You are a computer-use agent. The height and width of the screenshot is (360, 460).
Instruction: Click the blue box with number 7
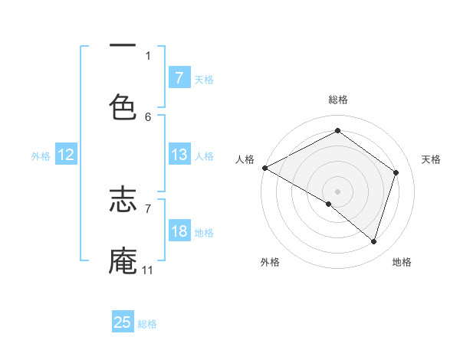[179, 77]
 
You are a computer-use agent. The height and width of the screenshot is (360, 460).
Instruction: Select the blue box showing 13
[179, 155]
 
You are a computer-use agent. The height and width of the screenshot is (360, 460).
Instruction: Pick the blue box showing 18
[179, 231]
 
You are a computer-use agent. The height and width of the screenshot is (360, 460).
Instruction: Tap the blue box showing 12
[66, 155]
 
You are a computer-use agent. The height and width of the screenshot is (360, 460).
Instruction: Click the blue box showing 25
[123, 322]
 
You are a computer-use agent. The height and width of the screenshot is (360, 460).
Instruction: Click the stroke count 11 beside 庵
[147, 270]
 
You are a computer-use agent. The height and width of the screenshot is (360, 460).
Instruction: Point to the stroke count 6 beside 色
[148, 116]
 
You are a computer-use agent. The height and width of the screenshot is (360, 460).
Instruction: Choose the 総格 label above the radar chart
[338, 100]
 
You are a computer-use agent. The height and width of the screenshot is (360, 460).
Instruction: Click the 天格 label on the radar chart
[432, 159]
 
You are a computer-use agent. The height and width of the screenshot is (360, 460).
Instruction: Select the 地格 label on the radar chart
[402, 262]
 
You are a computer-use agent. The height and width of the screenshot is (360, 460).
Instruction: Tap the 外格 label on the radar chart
[270, 262]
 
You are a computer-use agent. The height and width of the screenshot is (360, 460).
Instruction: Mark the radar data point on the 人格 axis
[264, 168]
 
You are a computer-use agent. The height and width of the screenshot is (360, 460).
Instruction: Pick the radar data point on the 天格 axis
[396, 172]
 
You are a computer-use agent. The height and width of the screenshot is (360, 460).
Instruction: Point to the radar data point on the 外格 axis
[329, 204]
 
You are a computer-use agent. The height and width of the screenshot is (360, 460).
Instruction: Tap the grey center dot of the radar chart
[337, 191]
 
